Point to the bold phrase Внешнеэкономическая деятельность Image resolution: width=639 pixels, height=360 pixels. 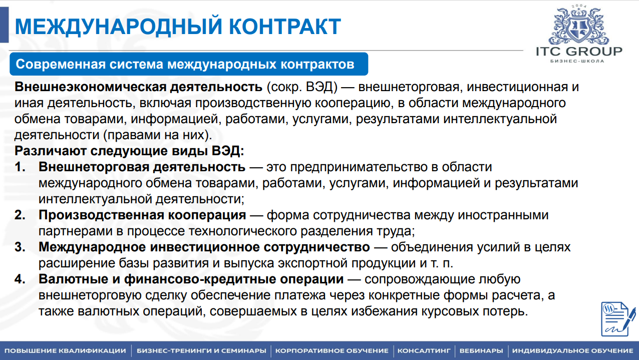pyautogui.click(x=139, y=87)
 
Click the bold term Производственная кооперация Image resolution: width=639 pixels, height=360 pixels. pyautogui.click(x=142, y=215)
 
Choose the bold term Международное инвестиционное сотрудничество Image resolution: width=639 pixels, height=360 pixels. pyautogui.click(x=204, y=247)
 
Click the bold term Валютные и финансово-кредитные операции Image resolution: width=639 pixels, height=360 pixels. pyautogui.click(x=191, y=279)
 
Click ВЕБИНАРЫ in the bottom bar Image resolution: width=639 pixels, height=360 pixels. pyautogui.click(x=481, y=350)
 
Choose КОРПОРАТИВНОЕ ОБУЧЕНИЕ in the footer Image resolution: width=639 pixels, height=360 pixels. pyautogui.click(x=332, y=350)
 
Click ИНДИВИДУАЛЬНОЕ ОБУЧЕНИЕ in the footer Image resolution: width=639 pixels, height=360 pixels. pyautogui.click(x=572, y=350)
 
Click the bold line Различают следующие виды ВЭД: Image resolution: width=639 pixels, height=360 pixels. pyautogui.click(x=129, y=151)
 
